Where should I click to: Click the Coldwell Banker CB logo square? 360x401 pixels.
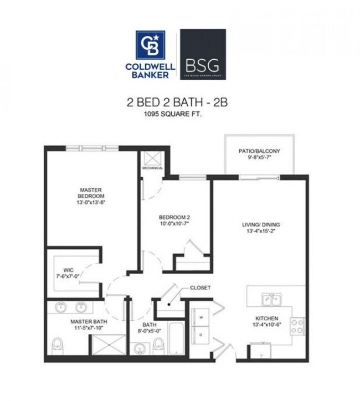tap(150, 45)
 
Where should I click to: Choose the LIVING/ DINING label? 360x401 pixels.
tap(260, 228)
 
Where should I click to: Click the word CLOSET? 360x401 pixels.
tap(200, 288)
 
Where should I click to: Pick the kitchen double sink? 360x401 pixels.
tap(271, 299)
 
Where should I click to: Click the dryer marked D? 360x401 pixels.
tap(200, 334)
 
